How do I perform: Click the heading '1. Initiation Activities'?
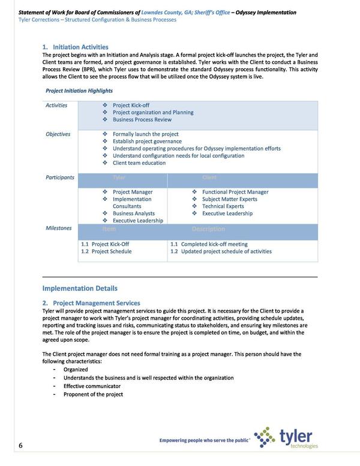tap(75, 47)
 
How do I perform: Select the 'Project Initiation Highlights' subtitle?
tap(79, 91)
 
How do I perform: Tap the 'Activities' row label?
tap(56, 106)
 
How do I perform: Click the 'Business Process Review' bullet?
tap(142, 120)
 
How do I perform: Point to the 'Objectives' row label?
tap(58, 134)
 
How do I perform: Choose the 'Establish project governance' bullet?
tap(147, 142)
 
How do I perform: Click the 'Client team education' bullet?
tap(139, 163)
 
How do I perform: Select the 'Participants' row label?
tap(60, 178)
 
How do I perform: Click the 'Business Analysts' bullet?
tap(134, 214)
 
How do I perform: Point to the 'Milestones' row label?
tap(59, 228)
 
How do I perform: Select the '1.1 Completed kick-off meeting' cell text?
tap(208, 244)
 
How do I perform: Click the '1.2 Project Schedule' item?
tap(106, 251)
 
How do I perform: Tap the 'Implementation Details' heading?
tap(80, 288)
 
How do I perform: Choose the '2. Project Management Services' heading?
tap(91, 303)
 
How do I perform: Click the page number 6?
tap(20, 445)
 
